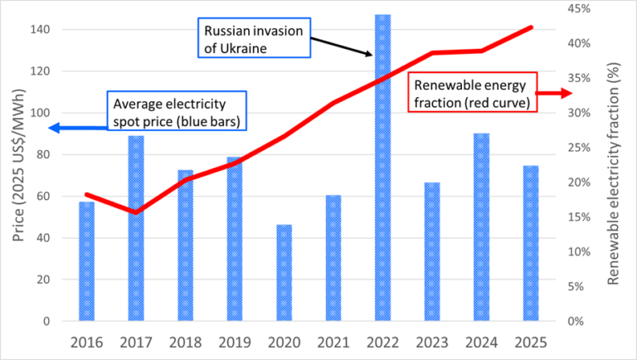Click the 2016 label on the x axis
point(87,341)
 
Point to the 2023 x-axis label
point(432,341)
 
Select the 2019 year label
point(235,341)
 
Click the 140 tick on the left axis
point(41,30)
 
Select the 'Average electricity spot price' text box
point(181,112)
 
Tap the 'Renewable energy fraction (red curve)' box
point(474,92)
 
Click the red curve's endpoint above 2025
point(531,27)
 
